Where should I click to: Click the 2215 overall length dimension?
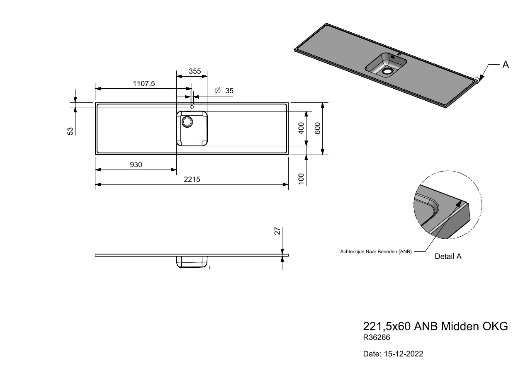[x=192, y=179]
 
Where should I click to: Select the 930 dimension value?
[x=136, y=165]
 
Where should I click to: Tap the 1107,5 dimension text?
[x=144, y=83]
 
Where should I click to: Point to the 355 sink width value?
[x=195, y=71]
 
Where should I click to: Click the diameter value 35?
[x=229, y=91]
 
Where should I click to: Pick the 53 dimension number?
[x=71, y=131]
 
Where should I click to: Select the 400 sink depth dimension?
[x=301, y=128]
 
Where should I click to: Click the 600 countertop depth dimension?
[x=318, y=128]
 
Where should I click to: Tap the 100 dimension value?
[x=301, y=179]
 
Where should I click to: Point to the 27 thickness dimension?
[x=277, y=231]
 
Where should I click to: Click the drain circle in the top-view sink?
[x=187, y=122]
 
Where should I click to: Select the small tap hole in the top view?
[x=192, y=107]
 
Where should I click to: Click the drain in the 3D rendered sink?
[x=388, y=71]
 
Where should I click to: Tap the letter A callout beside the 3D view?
[x=506, y=65]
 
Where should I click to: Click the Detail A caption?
[x=448, y=256]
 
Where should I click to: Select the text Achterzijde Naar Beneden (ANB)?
[x=376, y=252]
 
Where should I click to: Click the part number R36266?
[x=377, y=337]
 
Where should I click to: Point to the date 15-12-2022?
[x=404, y=354]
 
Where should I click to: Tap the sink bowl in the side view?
[x=192, y=262]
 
